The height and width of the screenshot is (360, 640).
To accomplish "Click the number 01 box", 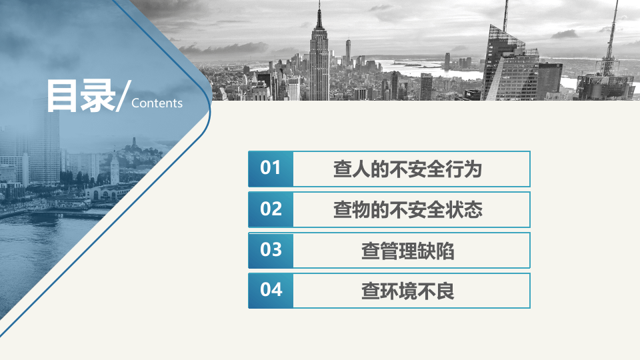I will pyautogui.click(x=271, y=169).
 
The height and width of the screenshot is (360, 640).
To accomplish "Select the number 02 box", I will pyautogui.click(x=271, y=209).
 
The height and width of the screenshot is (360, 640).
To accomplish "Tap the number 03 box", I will pyautogui.click(x=271, y=250).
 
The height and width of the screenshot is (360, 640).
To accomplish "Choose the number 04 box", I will pyautogui.click(x=271, y=291).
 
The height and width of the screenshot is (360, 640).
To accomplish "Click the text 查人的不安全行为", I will pyautogui.click(x=407, y=169).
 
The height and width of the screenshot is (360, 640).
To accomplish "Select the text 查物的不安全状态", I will pyautogui.click(x=407, y=210).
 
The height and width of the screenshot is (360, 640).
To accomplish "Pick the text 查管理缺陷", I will pyautogui.click(x=407, y=251).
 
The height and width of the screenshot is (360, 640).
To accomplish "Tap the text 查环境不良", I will pyautogui.click(x=407, y=291).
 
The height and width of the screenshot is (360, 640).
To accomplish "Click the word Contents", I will pyautogui.click(x=157, y=103).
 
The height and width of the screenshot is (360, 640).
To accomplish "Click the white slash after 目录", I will pyautogui.click(x=123, y=97).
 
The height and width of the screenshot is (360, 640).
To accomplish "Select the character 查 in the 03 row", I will pyautogui.click(x=370, y=251).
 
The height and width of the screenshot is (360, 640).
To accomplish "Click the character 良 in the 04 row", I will pyautogui.click(x=445, y=291).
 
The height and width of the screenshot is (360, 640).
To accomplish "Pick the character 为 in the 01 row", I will pyautogui.click(x=473, y=169).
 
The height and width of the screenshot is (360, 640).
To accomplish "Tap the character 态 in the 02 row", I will pyautogui.click(x=473, y=210).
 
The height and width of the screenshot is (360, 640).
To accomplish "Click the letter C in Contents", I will pyautogui.click(x=136, y=103).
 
